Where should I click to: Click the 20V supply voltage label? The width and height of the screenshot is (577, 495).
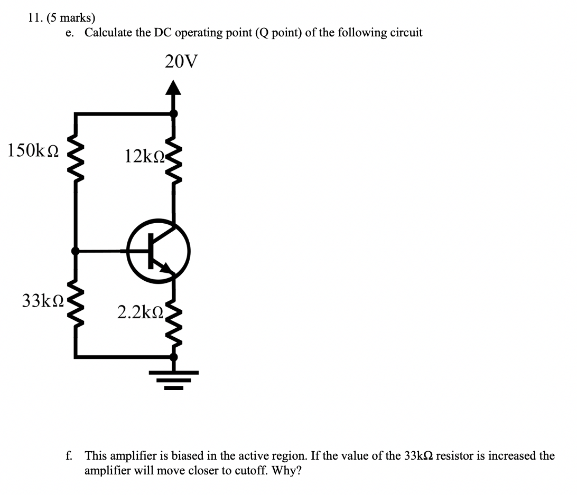pyautogui.click(x=181, y=62)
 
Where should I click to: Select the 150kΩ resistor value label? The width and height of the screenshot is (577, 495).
pyautogui.click(x=33, y=150)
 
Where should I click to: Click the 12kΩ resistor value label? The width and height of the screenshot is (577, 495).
pyautogui.click(x=144, y=156)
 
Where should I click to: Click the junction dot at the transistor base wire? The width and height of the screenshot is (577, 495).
pyautogui.click(x=76, y=251)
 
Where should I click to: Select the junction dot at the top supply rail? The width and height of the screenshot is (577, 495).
pyautogui.click(x=173, y=112)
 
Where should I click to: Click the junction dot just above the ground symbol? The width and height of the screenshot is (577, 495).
pyautogui.click(x=173, y=357)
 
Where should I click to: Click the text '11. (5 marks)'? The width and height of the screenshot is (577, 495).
pyautogui.click(x=58, y=17)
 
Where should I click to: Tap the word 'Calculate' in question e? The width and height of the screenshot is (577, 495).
pyautogui.click(x=109, y=33)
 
